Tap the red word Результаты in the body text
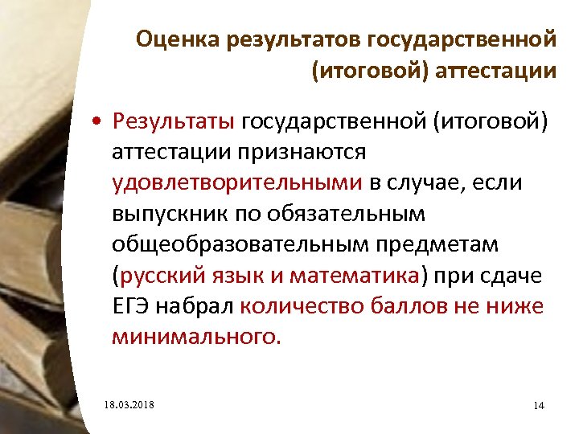tap(174, 121)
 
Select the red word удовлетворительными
tap(237, 182)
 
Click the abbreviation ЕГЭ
tap(130, 305)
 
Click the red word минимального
tap(196, 336)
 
